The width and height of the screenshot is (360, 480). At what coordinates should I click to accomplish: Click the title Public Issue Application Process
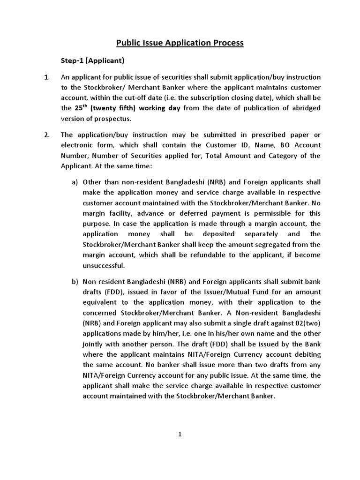coord(180,43)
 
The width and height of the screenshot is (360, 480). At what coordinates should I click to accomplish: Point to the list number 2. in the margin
coord(47,135)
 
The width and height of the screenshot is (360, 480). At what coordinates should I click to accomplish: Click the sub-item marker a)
coord(75,182)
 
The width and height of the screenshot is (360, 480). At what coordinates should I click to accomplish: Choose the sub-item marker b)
coord(75,282)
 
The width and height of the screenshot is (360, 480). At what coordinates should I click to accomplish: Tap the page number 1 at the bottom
coord(180,435)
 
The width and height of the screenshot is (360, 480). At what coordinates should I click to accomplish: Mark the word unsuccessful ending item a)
coord(104,265)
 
